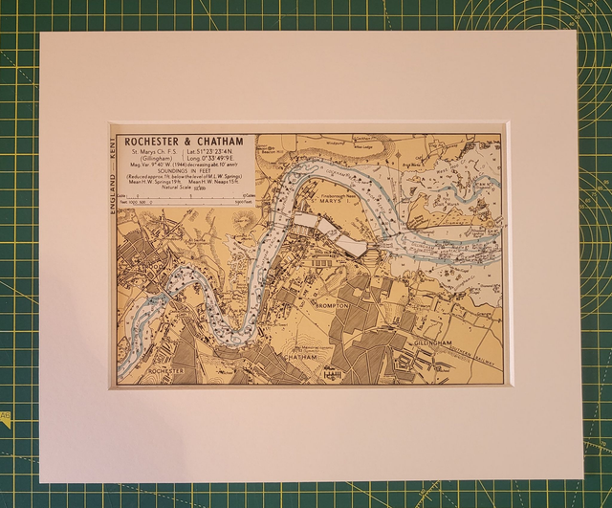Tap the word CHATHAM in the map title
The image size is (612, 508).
pyautogui.click(x=222, y=143)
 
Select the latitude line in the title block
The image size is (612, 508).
pyautogui.click(x=217, y=152)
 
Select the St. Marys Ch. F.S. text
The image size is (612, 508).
pyautogui.click(x=157, y=152)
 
